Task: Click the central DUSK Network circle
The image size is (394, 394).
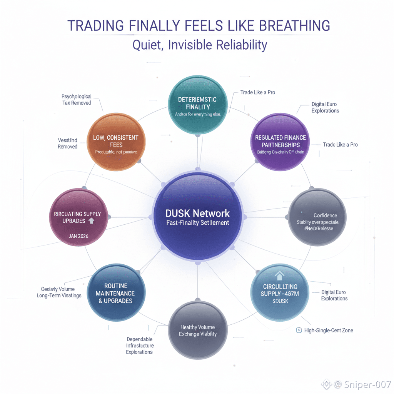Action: [x=197, y=217]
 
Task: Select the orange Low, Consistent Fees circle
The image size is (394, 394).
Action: [x=116, y=142]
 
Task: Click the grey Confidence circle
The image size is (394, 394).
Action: [x=317, y=217]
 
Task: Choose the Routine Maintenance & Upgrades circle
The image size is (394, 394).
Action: [x=116, y=294]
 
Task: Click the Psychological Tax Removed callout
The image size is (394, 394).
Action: [x=77, y=100]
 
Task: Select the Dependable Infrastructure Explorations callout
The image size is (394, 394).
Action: [x=139, y=346]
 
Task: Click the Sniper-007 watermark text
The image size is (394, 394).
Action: [x=367, y=384]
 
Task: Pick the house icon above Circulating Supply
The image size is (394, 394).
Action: [x=280, y=275]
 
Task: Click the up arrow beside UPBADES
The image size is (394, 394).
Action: [x=92, y=221]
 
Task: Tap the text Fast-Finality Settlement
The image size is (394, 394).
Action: [x=197, y=223]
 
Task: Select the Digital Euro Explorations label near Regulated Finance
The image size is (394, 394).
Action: [x=325, y=107]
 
